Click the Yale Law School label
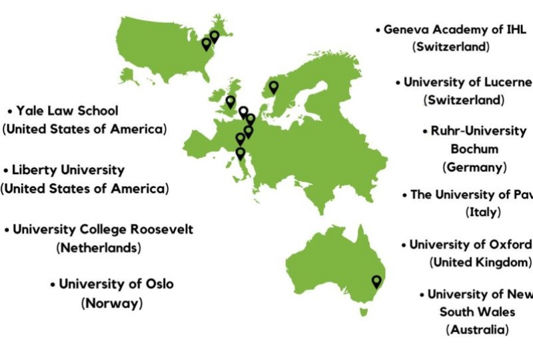[x=67, y=111]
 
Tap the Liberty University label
[x=67, y=170]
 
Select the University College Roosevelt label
[x=103, y=229]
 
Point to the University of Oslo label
[x=116, y=284]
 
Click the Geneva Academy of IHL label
[x=455, y=30]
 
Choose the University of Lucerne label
[x=468, y=83]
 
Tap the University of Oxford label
[x=470, y=245]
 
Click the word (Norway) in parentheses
[x=112, y=303]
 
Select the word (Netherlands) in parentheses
[x=100, y=247]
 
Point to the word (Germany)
[x=474, y=167]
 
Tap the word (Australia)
[x=477, y=329]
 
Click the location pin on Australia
[x=376, y=281]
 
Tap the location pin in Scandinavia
[x=273, y=87]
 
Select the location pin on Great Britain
[x=231, y=102]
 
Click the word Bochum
[x=474, y=149]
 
